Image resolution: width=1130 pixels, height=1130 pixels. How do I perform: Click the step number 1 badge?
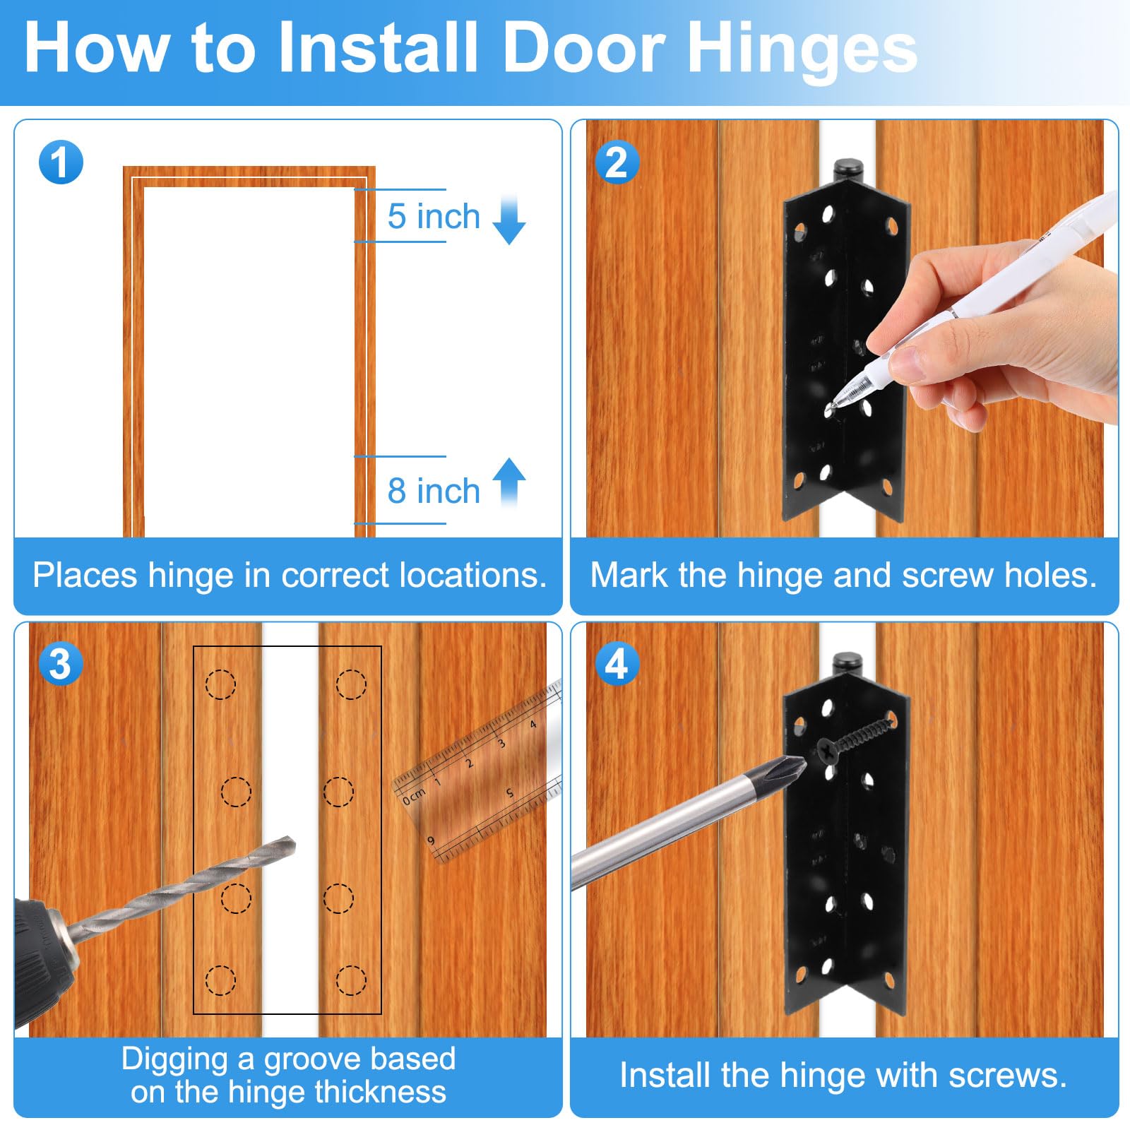coord(61,162)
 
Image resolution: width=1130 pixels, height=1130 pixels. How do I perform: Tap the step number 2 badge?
coord(617,162)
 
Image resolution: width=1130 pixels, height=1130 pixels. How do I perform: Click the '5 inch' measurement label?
coord(434,216)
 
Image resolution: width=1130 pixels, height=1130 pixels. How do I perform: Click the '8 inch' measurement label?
coord(434,491)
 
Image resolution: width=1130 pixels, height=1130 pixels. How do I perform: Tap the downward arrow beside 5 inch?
coord(509,220)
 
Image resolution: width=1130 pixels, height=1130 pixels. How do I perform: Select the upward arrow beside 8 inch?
coord(509,483)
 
